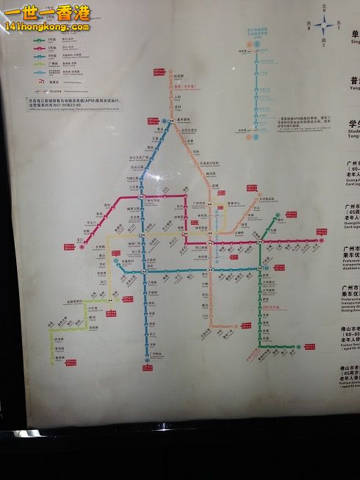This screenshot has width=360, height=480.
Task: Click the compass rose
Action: [x=324, y=26]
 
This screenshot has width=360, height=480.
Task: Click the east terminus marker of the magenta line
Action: [x=320, y=241]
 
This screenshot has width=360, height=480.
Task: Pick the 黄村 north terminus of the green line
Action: [x=278, y=218]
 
